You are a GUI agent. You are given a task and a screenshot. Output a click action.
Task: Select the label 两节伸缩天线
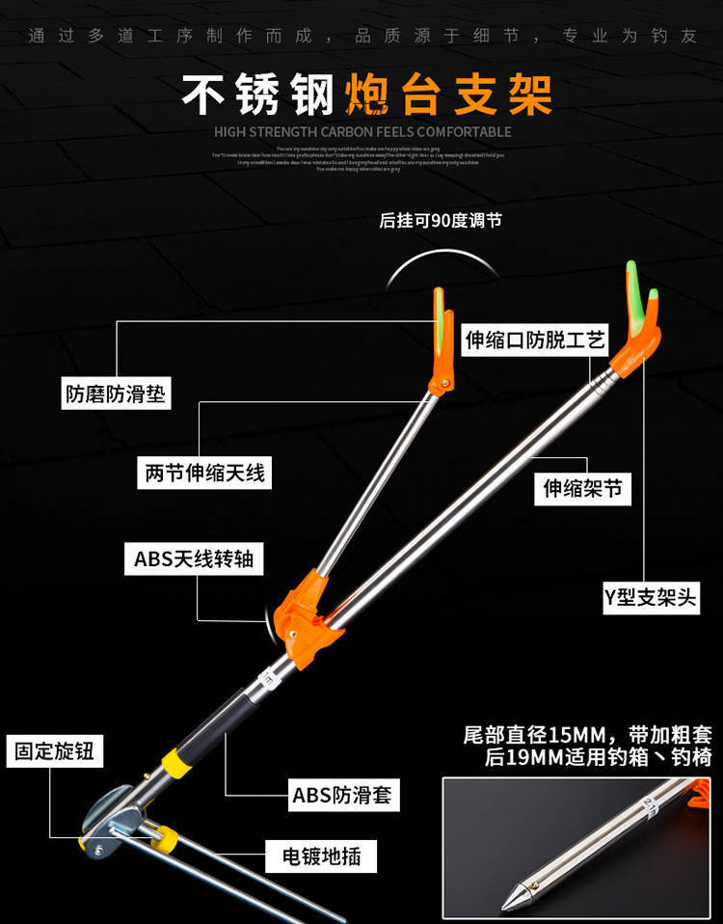pos(204,473)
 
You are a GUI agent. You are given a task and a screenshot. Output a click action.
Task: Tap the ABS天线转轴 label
pos(193,558)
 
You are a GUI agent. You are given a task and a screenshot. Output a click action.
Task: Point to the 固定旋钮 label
pos(54,750)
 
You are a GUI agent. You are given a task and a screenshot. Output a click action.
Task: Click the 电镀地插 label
pos(322,856)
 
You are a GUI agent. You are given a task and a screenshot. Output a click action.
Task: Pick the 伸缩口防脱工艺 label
pos(535,340)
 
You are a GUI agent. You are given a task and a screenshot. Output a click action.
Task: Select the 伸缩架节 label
pos(583,488)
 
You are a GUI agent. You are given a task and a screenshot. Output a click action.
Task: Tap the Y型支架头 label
pos(650,597)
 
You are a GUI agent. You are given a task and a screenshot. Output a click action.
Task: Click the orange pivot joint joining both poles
pos(307,615)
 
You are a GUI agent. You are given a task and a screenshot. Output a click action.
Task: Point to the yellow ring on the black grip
pos(174,762)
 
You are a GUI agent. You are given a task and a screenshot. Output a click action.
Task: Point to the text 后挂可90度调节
pos(441,221)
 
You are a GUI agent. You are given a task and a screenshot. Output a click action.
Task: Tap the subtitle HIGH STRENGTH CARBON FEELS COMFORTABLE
pos(362,131)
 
